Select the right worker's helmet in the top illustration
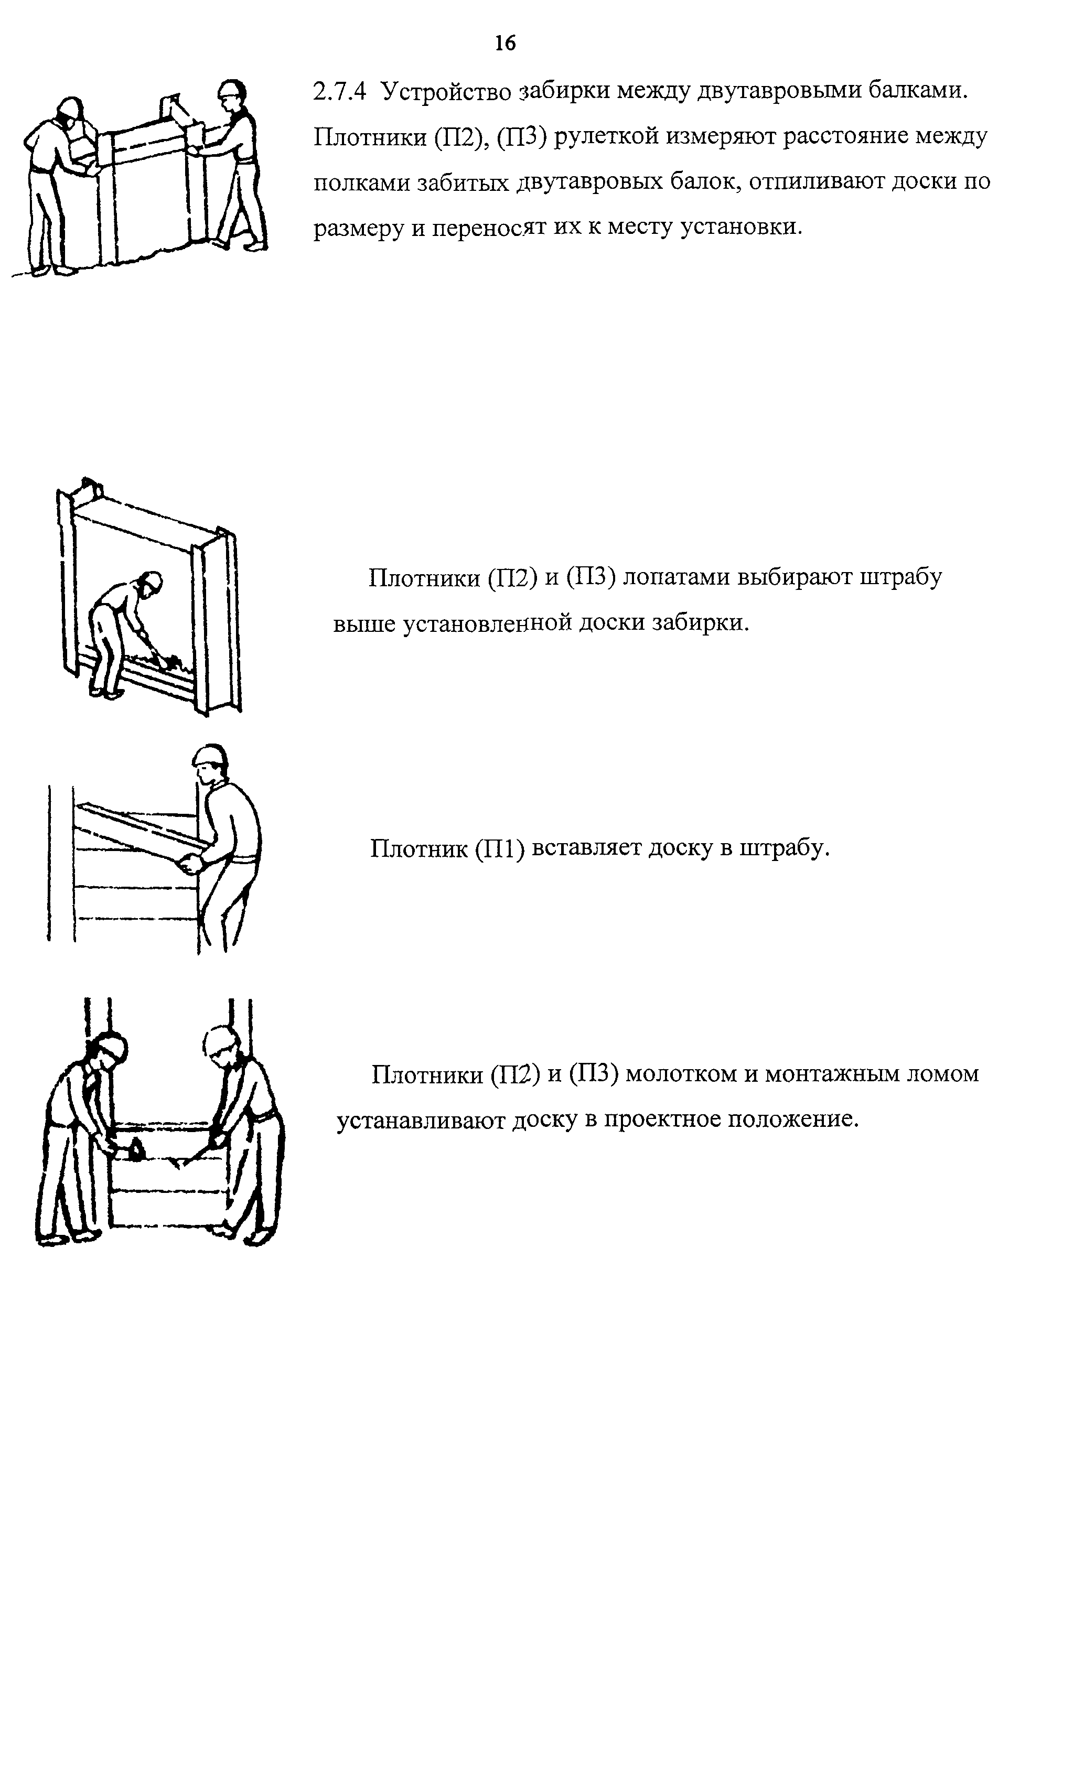[231, 90]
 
